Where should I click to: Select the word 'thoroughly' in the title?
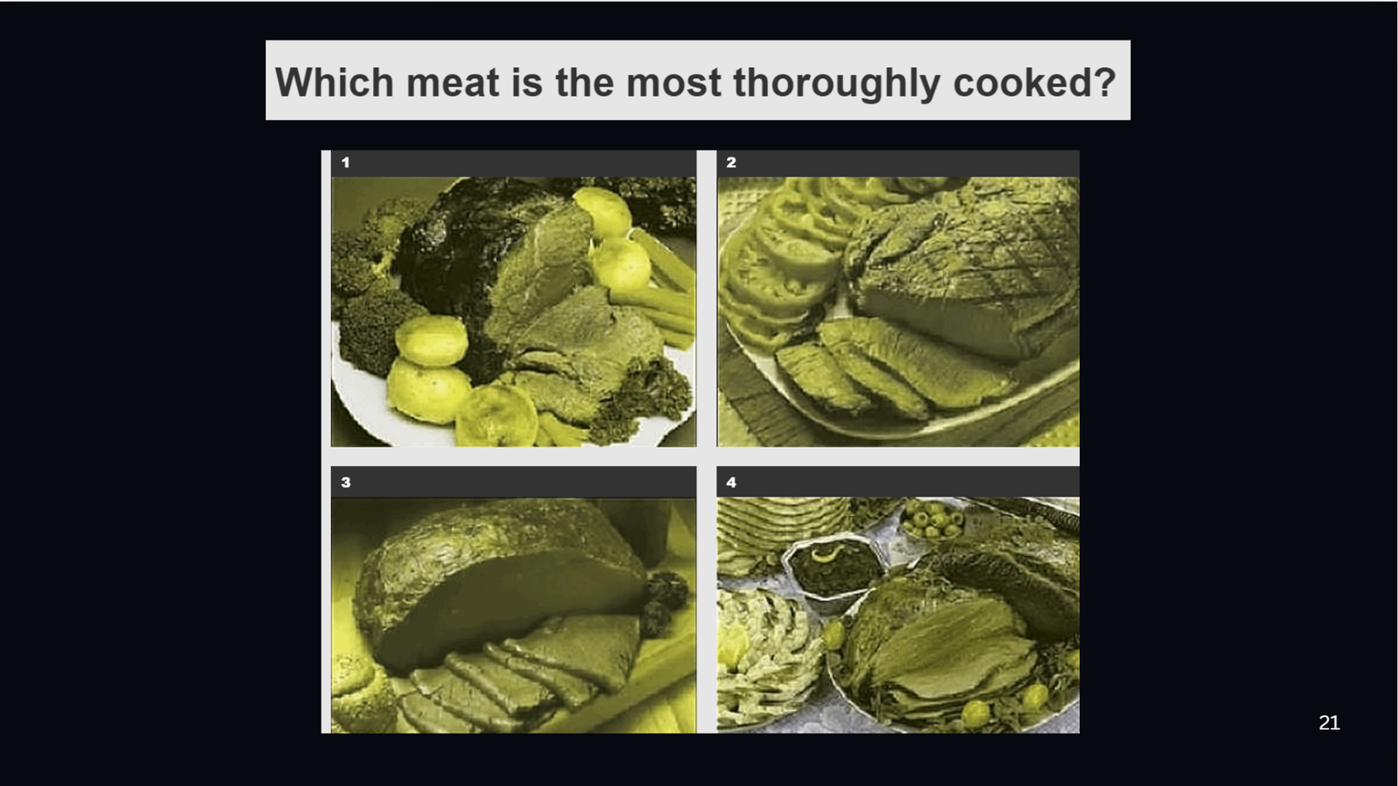click(x=837, y=83)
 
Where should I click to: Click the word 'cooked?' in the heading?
click(x=1035, y=83)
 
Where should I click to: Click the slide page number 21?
click(x=1329, y=723)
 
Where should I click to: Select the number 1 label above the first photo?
click(x=346, y=163)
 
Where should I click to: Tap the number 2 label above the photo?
click(x=731, y=163)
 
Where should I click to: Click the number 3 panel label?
click(x=346, y=483)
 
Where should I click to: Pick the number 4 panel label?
click(x=731, y=483)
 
